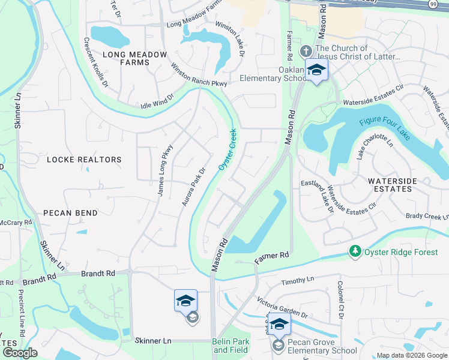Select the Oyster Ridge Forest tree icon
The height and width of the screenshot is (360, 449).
(x=355, y=252)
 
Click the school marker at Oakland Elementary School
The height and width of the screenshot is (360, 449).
(x=316, y=71)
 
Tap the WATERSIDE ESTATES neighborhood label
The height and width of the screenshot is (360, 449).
(x=390, y=184)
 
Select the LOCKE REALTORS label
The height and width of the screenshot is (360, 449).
(x=84, y=160)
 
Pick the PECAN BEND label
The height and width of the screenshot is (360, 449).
(x=70, y=213)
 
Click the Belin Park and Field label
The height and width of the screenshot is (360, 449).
(x=231, y=346)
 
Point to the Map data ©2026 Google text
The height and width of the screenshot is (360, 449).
(x=411, y=355)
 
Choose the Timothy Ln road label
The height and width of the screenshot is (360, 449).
(x=298, y=280)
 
